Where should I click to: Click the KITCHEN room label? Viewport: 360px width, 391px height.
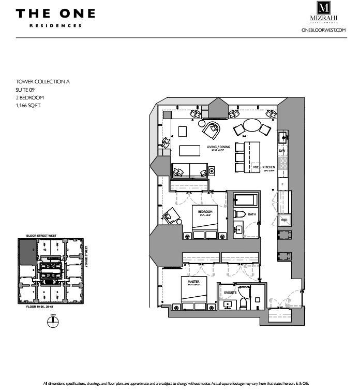(269, 167)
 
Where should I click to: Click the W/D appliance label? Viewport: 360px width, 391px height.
(283, 221)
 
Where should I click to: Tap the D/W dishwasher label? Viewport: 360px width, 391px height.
(282, 150)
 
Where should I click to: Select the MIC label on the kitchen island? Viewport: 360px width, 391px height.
(256, 167)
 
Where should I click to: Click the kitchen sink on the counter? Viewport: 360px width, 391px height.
(282, 137)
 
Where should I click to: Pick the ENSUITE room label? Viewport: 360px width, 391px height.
(230, 293)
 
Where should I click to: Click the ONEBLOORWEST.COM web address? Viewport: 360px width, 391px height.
(323, 31)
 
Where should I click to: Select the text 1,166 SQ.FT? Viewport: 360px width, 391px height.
(28, 105)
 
